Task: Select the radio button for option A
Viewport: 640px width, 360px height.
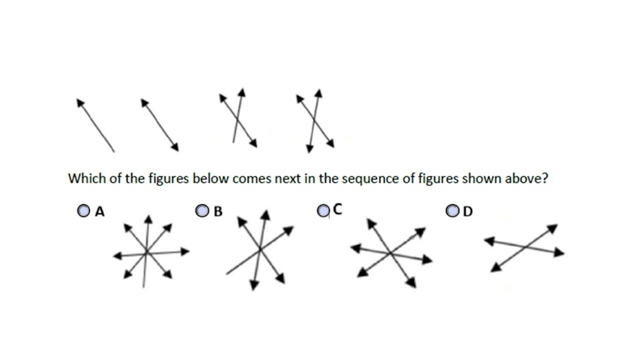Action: (84, 212)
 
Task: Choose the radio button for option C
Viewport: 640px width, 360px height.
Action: (323, 211)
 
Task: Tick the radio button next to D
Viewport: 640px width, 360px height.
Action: (453, 212)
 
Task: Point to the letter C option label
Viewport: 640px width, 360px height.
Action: (337, 210)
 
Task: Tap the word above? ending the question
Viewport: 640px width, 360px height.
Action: (528, 179)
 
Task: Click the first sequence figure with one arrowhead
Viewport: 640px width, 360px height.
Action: (95, 125)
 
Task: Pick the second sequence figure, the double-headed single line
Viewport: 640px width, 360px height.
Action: (160, 125)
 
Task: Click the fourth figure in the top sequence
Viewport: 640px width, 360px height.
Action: (314, 119)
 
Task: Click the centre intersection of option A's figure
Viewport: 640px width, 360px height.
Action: (146, 251)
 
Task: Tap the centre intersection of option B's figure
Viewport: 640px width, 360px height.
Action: (260, 249)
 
